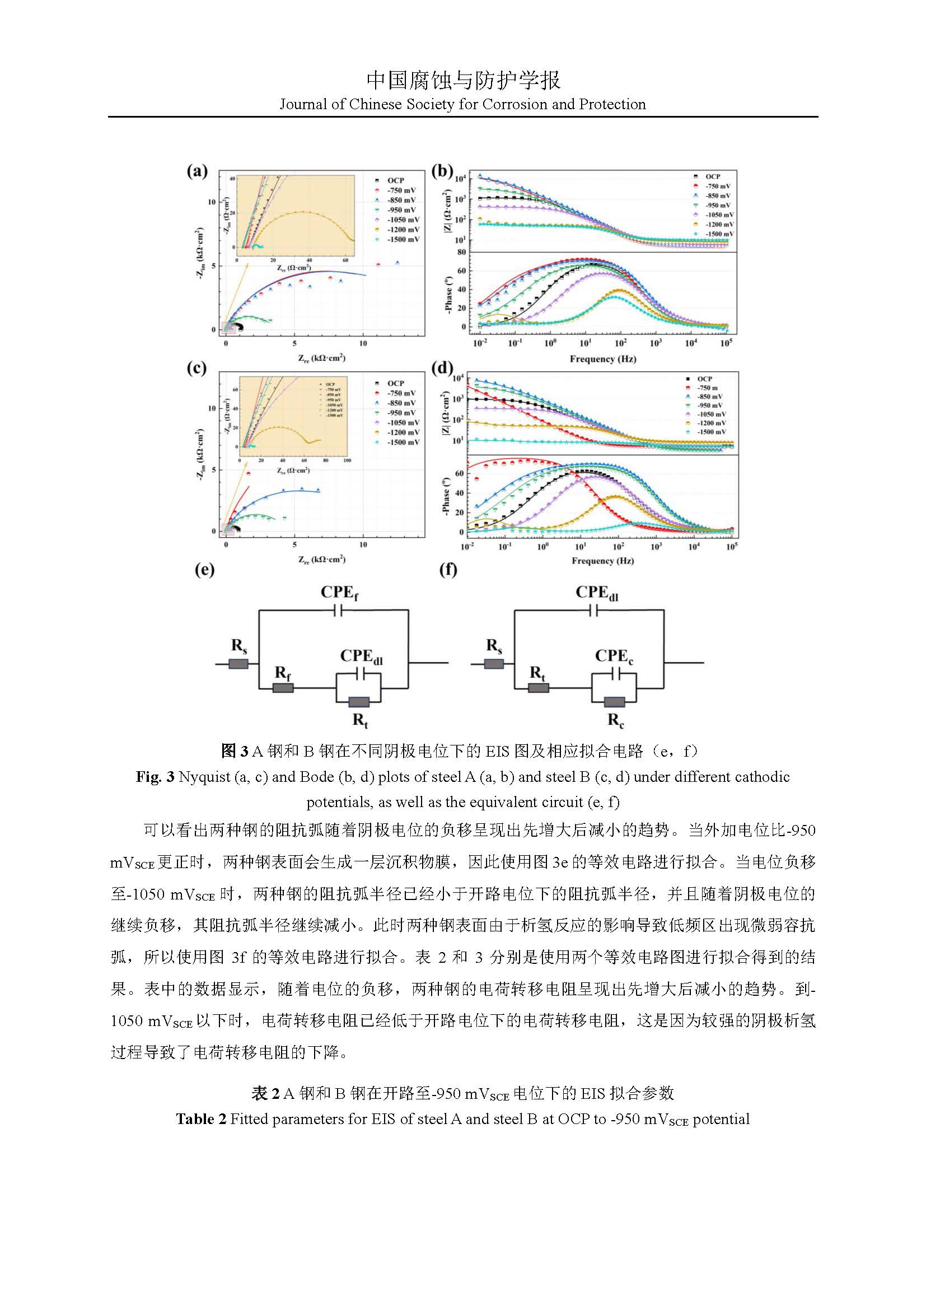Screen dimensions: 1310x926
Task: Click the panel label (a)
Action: [x=197, y=171]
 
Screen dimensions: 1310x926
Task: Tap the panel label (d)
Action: [x=442, y=368]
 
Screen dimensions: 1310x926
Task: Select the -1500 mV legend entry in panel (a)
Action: [x=403, y=239]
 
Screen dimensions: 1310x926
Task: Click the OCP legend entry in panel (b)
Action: [x=712, y=176]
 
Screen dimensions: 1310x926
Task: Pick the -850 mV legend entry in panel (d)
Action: [x=709, y=397]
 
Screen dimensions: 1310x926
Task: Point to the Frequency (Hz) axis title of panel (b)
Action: [x=603, y=359]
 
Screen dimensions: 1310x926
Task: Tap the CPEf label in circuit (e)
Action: [x=339, y=593]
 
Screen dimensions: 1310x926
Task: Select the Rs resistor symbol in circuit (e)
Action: [x=238, y=664]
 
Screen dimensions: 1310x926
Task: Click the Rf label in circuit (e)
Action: [x=283, y=673]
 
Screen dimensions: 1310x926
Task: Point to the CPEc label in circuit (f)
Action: [x=614, y=657]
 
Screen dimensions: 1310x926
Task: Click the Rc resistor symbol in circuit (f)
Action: [x=615, y=702]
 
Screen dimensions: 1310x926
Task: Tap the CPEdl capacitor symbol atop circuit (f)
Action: [x=593, y=610]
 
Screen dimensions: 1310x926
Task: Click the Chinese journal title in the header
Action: [x=463, y=81]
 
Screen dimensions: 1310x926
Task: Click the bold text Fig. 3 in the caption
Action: [x=155, y=777]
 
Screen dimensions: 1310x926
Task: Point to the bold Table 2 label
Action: [x=201, y=1119]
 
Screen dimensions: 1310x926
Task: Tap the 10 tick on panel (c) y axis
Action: [x=212, y=408]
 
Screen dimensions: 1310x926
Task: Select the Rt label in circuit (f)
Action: [x=537, y=673]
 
